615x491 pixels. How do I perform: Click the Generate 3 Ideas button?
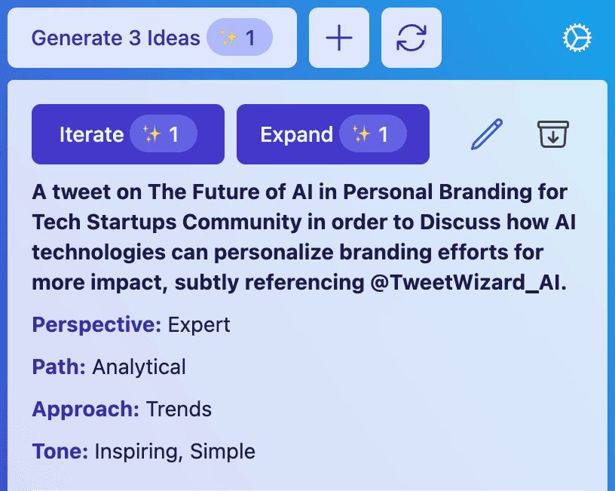[152, 38]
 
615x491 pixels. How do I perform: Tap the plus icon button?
[339, 38]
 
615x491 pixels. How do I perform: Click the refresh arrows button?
[412, 38]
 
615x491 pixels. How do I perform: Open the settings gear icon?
[577, 38]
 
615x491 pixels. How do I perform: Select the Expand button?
[333, 134]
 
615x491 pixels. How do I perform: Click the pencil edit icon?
[486, 133]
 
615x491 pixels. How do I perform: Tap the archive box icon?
[553, 134]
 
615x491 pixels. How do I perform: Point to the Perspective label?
[96, 325]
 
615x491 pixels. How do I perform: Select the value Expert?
[199, 325]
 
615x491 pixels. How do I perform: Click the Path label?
[59, 367]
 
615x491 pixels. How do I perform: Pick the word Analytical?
[139, 367]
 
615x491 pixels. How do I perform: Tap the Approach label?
[85, 410]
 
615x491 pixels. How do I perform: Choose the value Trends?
[179, 410]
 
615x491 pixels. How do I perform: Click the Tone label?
[60, 451]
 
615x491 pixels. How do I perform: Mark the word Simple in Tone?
[222, 452]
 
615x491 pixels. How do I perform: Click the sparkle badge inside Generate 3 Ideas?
[240, 37]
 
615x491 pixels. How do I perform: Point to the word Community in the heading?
[242, 222]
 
